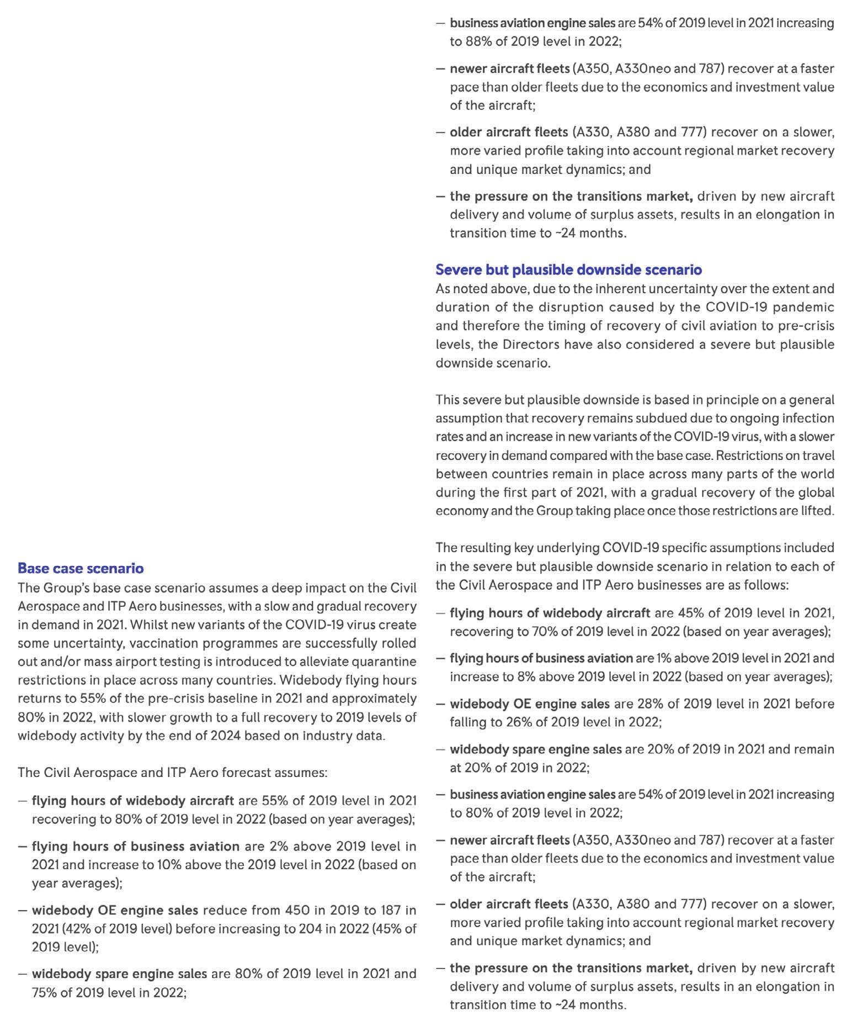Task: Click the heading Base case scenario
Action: coord(81,568)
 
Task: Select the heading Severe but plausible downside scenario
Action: coord(568,269)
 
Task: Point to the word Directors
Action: coord(529,344)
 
